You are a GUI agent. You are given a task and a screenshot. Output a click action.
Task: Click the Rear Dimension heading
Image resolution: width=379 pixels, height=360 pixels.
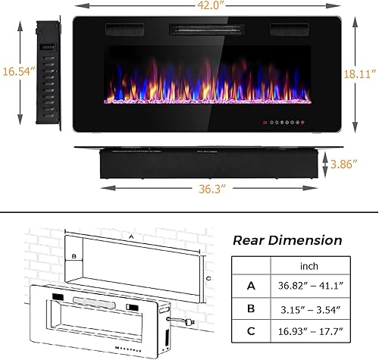[x=287, y=240]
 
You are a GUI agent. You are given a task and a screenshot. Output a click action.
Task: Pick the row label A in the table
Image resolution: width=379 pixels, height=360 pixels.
[x=251, y=286]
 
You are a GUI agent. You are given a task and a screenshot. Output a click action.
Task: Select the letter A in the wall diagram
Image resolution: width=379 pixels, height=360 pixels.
[x=133, y=236]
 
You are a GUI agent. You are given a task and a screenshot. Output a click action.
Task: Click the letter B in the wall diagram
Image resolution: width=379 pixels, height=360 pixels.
[x=74, y=256]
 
